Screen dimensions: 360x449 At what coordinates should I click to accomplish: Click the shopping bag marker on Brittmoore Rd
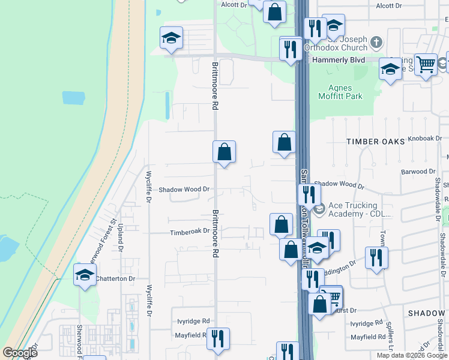click(x=224, y=153)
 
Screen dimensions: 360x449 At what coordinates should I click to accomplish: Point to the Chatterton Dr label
click(x=115, y=278)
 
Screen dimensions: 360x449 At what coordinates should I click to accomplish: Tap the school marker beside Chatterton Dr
click(x=85, y=276)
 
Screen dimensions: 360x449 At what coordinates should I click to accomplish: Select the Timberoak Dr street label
click(x=190, y=231)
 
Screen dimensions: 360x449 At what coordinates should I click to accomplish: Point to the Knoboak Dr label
click(x=424, y=138)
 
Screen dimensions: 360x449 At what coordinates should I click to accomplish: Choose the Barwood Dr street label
click(x=417, y=172)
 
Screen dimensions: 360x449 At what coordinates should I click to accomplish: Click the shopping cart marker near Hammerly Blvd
click(x=426, y=63)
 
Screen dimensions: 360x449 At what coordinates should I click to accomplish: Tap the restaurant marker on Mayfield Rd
click(x=218, y=338)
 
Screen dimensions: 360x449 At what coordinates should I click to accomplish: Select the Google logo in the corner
click(x=20, y=353)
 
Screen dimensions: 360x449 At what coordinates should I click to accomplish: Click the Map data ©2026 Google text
click(x=412, y=355)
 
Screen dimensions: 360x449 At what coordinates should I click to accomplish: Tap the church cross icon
click(x=376, y=42)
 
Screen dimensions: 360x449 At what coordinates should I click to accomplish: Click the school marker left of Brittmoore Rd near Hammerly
click(x=171, y=38)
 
